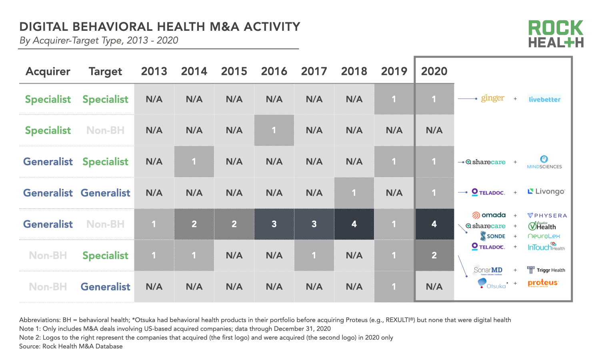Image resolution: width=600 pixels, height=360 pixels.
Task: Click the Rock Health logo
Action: click(x=556, y=34)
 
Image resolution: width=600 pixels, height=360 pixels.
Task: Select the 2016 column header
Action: click(x=274, y=71)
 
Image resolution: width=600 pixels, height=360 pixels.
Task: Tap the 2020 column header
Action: click(x=434, y=71)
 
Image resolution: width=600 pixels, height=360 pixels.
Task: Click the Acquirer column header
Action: click(x=48, y=71)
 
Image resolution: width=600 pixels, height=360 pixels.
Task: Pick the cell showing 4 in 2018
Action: click(x=354, y=224)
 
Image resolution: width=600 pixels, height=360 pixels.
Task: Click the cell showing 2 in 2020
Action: click(x=434, y=255)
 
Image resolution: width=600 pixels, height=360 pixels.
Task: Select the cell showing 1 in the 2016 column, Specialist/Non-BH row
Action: click(x=274, y=130)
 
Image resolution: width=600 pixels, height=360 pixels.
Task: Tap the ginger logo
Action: click(x=492, y=98)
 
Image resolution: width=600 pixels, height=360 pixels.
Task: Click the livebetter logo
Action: click(x=544, y=99)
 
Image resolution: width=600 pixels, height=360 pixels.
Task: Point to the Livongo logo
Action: click(x=546, y=192)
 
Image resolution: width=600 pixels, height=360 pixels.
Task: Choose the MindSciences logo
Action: click(x=544, y=162)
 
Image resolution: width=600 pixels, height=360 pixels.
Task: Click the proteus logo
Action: click(x=543, y=283)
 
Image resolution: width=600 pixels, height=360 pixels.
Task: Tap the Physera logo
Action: click(x=547, y=216)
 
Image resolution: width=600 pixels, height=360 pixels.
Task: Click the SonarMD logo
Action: click(x=488, y=270)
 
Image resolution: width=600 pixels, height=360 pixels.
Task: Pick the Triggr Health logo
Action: click(x=546, y=270)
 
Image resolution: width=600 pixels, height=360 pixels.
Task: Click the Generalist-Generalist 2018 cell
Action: click(x=354, y=193)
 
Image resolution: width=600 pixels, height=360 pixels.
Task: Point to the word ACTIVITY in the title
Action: click(x=272, y=27)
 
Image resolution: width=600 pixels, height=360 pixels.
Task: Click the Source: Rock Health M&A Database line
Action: click(x=71, y=346)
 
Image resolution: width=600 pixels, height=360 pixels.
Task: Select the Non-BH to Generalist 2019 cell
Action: click(x=394, y=286)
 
